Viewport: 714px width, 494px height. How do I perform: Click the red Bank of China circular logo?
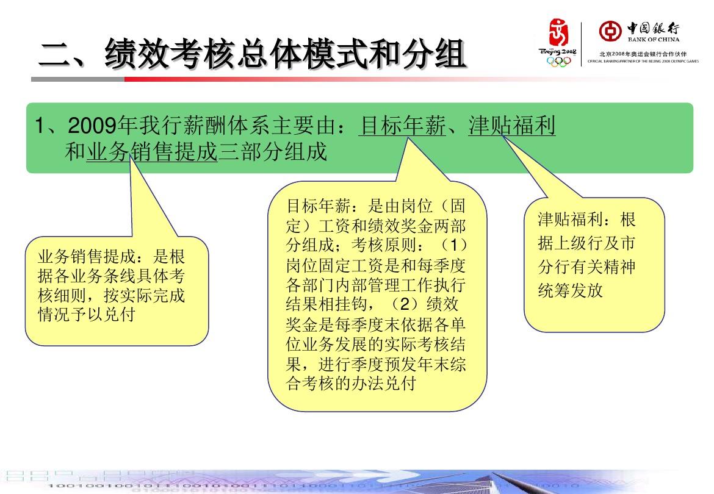pos(610,31)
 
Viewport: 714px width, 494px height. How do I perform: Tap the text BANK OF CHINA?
pos(654,40)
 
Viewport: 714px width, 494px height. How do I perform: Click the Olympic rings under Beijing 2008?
pos(558,62)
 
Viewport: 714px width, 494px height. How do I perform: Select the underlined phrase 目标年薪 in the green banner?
pos(402,125)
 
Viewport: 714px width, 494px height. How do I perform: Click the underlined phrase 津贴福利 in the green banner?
pos(512,125)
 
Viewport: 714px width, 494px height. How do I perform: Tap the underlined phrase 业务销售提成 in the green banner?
pos(152,151)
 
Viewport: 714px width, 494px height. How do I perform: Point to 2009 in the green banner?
pos(92,126)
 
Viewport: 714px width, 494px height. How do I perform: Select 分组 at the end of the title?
pos(433,54)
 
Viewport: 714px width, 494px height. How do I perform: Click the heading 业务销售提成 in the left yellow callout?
pos(87,257)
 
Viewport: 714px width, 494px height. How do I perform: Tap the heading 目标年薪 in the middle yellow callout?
pos(318,206)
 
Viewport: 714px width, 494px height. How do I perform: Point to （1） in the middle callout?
pos(454,245)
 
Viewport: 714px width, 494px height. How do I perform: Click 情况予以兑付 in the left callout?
pos(87,314)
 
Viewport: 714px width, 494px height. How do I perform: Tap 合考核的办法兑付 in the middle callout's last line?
pos(351,384)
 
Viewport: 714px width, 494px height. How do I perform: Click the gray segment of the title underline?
pos(78,79)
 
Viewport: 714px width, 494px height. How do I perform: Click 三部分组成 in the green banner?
pos(272,151)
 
